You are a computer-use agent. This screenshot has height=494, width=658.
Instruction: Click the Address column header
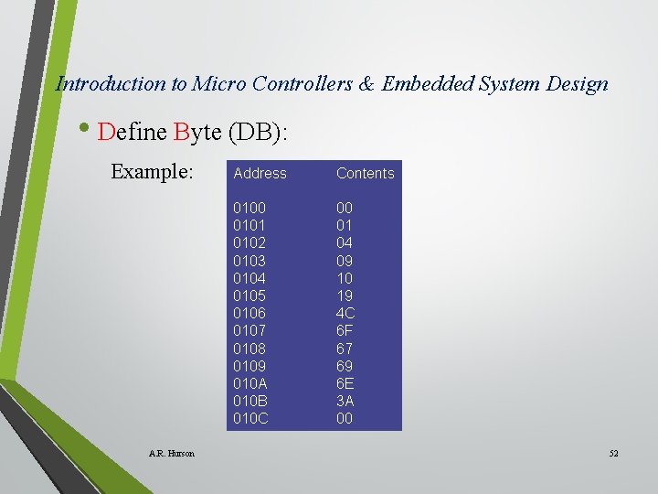260,173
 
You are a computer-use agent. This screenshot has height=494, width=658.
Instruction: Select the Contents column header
365,173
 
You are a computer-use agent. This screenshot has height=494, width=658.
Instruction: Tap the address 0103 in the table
249,261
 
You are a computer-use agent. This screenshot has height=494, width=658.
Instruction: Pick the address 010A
250,383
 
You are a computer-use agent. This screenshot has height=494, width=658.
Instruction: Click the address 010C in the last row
251,419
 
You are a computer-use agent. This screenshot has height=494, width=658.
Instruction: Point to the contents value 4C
345,313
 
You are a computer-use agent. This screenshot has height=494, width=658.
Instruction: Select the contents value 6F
345,330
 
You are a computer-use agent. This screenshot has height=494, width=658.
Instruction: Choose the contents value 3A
345,401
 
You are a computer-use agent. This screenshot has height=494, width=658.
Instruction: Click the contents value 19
344,295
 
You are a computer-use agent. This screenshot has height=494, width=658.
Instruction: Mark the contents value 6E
345,383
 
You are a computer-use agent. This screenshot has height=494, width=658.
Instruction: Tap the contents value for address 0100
345,208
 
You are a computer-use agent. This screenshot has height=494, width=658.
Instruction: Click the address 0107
249,330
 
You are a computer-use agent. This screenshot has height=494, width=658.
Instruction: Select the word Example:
152,172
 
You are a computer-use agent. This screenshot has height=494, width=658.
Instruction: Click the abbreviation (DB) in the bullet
259,133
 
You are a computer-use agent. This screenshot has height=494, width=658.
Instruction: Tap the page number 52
612,454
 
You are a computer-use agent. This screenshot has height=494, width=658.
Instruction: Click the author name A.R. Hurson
172,454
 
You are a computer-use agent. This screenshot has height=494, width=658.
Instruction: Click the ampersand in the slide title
366,84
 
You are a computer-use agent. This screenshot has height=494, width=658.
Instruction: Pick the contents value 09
345,261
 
